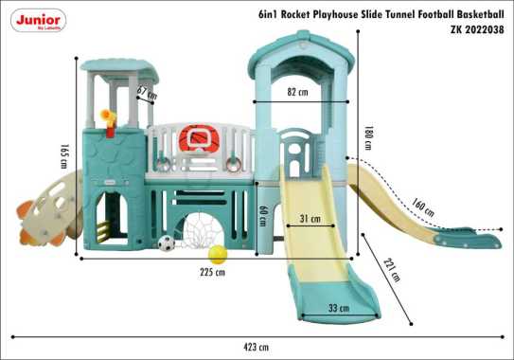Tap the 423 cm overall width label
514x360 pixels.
pos(257,348)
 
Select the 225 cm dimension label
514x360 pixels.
pos(214,273)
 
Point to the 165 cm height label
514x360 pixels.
pos(63,156)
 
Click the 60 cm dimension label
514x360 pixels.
pos(262,217)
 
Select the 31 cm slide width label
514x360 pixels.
pos(310,219)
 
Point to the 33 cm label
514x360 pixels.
pos(337,307)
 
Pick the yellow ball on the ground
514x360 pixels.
pos(219,254)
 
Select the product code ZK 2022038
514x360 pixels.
pos(478,29)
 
